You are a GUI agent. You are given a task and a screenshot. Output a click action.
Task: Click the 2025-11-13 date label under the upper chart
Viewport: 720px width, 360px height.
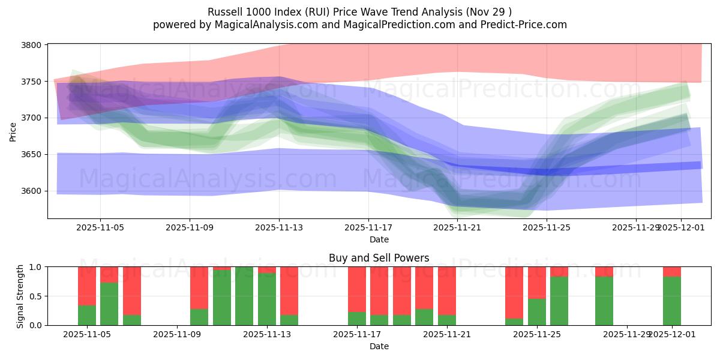click(279, 228)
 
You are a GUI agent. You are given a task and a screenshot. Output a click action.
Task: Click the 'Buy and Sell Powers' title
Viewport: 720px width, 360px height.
click(379, 258)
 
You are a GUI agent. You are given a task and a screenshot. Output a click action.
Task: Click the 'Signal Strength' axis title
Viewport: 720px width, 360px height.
click(20, 296)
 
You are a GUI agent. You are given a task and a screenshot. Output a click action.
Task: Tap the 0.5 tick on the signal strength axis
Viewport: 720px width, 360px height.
click(36, 296)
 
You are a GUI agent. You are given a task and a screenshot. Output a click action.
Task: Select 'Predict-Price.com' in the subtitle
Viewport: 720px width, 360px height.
click(526, 25)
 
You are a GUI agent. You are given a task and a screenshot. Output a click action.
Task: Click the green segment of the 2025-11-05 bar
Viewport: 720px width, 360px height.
click(87, 315)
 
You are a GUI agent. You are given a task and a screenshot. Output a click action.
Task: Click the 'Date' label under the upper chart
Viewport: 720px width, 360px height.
click(379, 239)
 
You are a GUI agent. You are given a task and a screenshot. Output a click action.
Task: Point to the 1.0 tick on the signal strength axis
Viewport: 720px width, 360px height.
click(36, 267)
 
